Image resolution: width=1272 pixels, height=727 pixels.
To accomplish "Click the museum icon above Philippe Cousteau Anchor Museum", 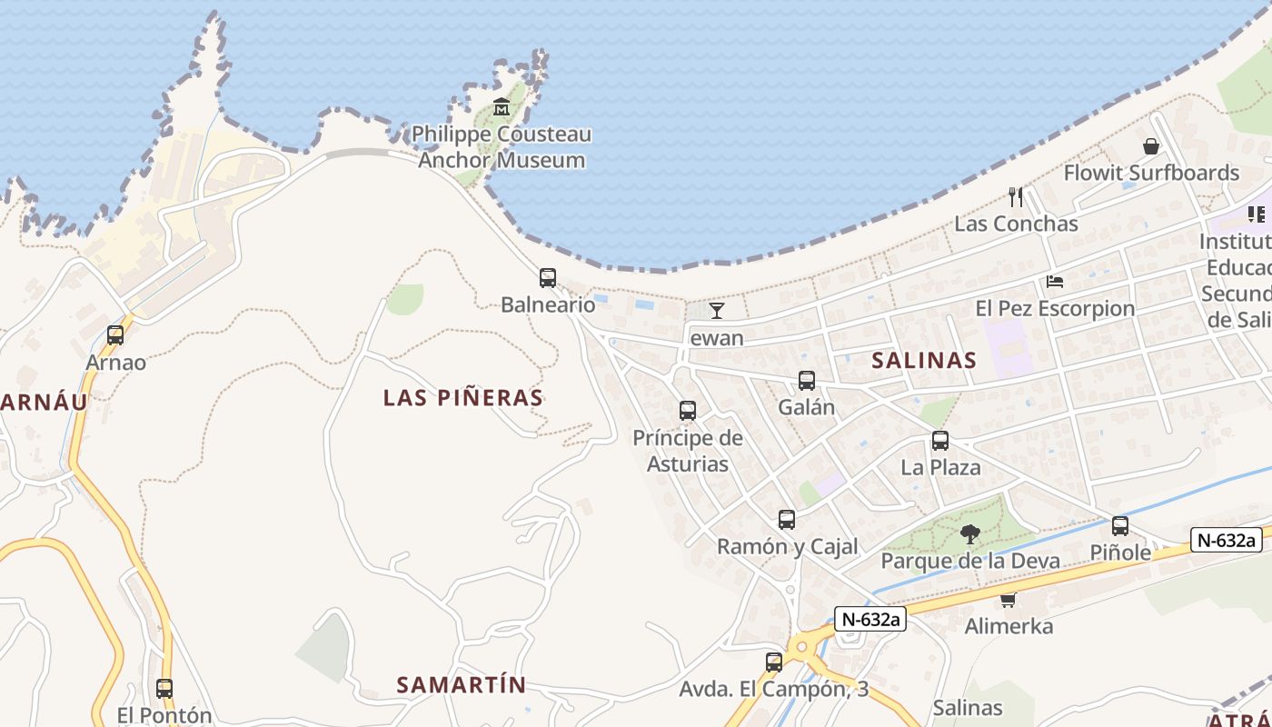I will [x=502, y=107].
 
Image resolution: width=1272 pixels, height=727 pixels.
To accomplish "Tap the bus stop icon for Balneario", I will [x=547, y=278].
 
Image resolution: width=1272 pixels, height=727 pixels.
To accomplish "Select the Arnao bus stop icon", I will [x=115, y=335].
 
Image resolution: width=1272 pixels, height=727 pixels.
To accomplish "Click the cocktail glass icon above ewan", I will [x=717, y=311].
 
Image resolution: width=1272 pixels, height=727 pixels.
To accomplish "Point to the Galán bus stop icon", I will [x=806, y=381].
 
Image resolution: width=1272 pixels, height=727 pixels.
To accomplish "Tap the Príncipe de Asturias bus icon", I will [x=688, y=411].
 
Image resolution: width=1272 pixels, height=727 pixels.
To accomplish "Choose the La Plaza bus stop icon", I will [x=940, y=441].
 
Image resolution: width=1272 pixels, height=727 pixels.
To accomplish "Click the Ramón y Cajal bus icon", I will [x=787, y=520].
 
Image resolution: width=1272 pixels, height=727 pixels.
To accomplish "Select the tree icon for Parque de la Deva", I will [x=970, y=533].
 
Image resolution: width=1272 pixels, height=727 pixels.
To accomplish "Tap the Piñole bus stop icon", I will [x=1120, y=526].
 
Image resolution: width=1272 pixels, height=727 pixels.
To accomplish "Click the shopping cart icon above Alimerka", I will [x=1008, y=600].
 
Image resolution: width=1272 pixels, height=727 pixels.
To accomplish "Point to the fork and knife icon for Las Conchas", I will [x=1016, y=196].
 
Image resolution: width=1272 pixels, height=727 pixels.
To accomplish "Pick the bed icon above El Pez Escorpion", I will [x=1055, y=282].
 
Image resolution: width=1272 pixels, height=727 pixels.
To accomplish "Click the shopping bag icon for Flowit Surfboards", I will [x=1151, y=146].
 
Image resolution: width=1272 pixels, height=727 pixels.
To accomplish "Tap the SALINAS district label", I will [x=924, y=360].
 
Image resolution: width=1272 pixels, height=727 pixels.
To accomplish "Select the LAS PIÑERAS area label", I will [x=463, y=397].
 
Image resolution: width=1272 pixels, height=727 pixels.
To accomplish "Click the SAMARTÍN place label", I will [x=462, y=684].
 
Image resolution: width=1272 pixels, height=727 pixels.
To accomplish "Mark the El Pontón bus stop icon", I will [x=164, y=689].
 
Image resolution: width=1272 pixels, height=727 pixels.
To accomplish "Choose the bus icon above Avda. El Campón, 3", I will [x=774, y=662].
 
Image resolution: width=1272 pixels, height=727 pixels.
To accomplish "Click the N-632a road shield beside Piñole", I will [x=1227, y=540].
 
